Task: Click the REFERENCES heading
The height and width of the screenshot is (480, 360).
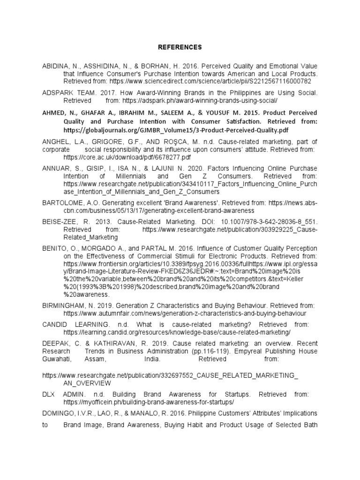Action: (x=180, y=47)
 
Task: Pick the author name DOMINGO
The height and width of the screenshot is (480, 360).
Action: (x=58, y=413)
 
